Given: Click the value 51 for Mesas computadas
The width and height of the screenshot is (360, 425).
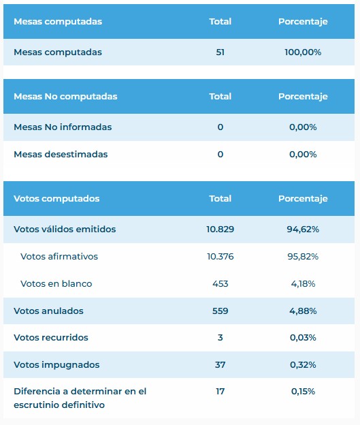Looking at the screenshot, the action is [220, 52].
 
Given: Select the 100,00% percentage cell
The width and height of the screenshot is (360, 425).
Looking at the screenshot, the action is [303, 52].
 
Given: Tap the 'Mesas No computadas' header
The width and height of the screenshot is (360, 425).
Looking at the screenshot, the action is [65, 97].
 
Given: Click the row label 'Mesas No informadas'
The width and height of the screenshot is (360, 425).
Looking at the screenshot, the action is [63, 127].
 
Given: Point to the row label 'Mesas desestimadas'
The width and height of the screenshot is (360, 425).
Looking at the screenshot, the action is [61, 155].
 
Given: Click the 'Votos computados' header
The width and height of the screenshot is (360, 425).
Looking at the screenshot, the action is [56, 199].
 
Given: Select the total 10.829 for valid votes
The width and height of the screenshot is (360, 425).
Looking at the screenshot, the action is [220, 230].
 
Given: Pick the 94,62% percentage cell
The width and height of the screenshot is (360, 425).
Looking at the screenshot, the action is [303, 230].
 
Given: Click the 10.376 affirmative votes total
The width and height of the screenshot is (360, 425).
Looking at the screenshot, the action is [220, 256].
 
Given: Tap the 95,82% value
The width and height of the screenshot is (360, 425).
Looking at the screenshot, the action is [303, 256].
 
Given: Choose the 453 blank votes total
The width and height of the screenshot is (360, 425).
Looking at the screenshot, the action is [220, 284].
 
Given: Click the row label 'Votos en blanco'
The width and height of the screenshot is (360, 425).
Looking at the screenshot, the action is [56, 284].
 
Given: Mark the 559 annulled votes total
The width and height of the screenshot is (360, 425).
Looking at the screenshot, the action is [220, 311].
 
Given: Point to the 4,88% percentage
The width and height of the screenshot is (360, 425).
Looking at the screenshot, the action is [303, 311].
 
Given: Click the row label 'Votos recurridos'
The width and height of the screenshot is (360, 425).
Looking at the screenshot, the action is [51, 338].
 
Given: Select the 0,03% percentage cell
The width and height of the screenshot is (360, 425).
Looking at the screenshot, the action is [303, 338].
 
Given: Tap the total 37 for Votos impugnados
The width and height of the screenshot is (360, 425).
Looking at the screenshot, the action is [220, 365].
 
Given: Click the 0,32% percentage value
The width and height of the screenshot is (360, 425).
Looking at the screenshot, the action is [303, 365].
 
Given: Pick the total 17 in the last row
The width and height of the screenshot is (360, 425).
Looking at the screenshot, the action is [220, 392].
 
